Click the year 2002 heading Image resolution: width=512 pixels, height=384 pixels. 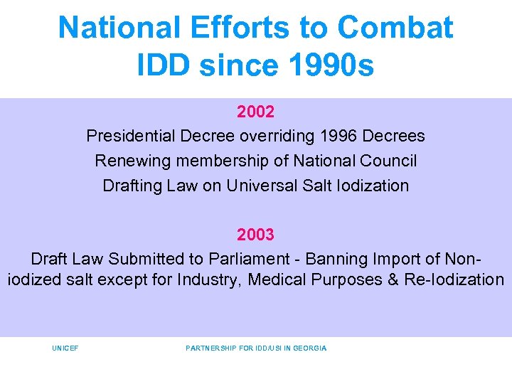coord(256,112)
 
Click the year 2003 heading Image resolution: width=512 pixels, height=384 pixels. coord(256,234)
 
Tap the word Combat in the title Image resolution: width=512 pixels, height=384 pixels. coord(395,28)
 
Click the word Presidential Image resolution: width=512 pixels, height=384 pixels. coord(130,136)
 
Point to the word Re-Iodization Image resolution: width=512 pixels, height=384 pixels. coord(454,279)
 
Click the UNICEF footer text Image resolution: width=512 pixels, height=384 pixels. coord(65,348)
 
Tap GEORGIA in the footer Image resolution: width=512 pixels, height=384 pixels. coord(309,348)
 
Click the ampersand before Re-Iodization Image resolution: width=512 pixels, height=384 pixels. coord(393,279)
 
